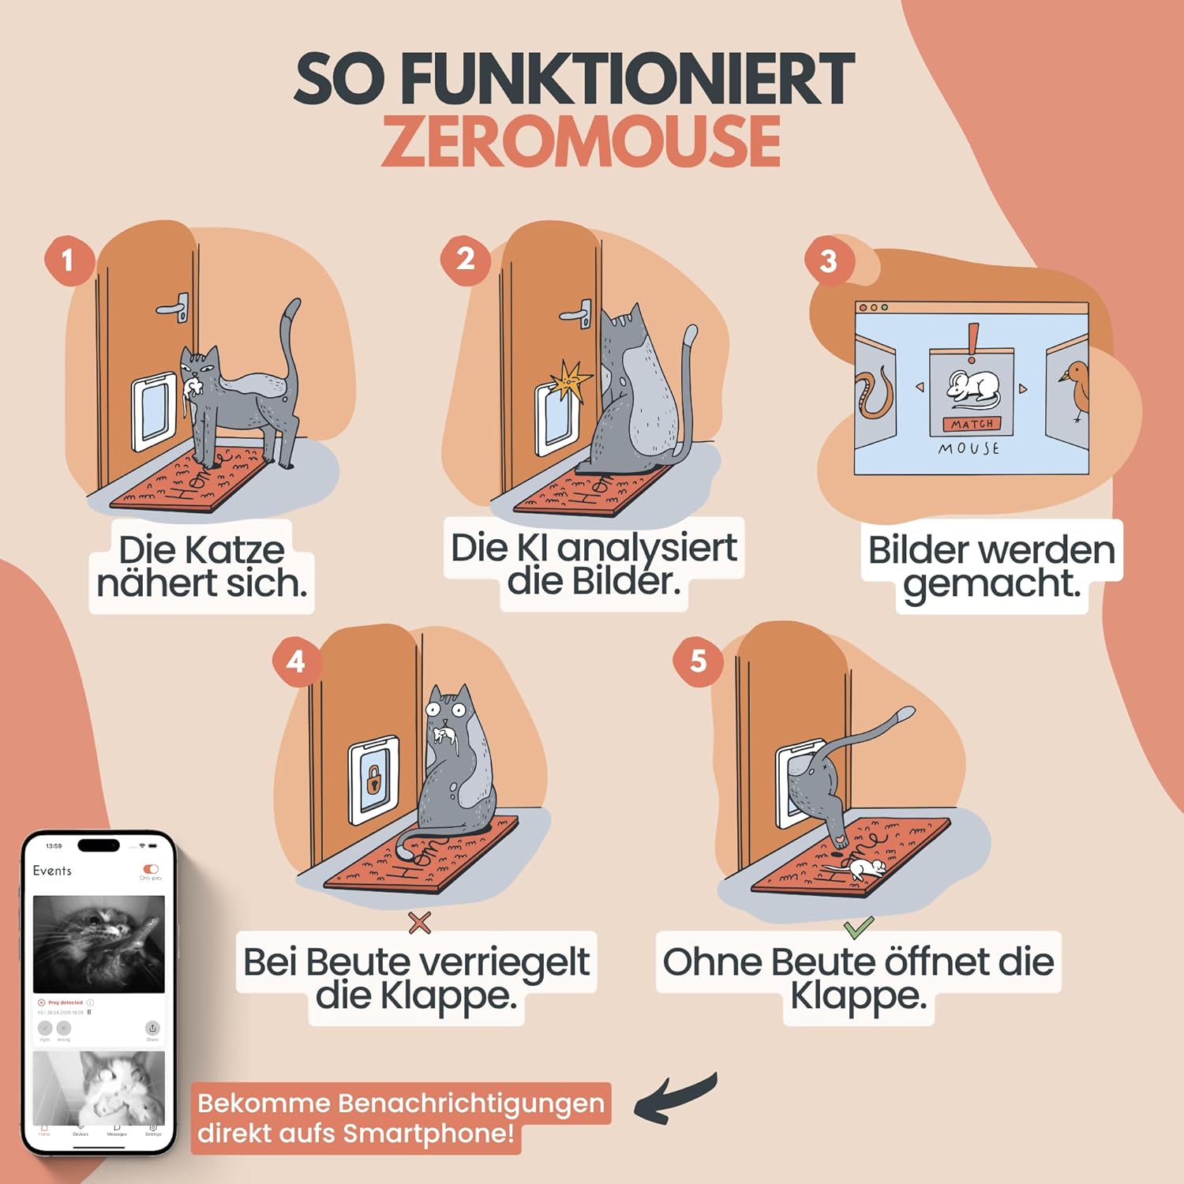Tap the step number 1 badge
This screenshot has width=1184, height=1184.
68,260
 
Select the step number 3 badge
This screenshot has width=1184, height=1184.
828,261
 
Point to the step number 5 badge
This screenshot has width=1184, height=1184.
698,661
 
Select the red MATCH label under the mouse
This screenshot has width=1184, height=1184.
972,425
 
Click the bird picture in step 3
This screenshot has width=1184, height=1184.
1073,388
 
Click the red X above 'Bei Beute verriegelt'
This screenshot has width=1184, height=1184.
420,922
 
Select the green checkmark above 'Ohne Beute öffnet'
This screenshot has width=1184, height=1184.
858,925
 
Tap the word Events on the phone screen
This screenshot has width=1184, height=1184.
52,871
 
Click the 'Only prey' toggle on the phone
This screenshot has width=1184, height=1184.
151,869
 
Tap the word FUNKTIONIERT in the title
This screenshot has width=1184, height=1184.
627,78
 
